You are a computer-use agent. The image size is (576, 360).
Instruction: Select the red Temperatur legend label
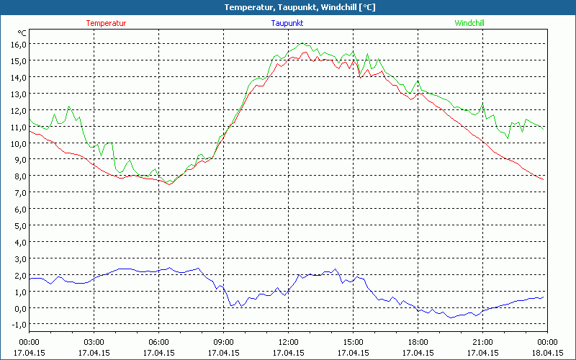click(106, 23)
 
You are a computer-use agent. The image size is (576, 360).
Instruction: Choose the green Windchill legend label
click(469, 23)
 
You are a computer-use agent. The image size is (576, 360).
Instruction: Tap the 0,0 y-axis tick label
click(19, 308)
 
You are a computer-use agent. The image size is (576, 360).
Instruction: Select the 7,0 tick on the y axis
click(19, 193)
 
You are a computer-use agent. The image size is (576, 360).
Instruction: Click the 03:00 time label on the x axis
click(94, 342)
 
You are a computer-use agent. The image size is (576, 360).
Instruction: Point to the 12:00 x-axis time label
click(288, 342)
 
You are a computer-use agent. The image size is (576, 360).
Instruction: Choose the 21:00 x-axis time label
click(482, 342)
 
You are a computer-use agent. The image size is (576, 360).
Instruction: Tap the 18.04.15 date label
click(547, 353)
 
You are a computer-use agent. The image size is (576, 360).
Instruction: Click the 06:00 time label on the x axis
click(159, 342)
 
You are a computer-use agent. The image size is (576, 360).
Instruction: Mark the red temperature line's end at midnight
click(544, 179)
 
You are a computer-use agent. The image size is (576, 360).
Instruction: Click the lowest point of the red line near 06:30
click(170, 184)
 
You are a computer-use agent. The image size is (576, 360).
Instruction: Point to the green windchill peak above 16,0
click(302, 44)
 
